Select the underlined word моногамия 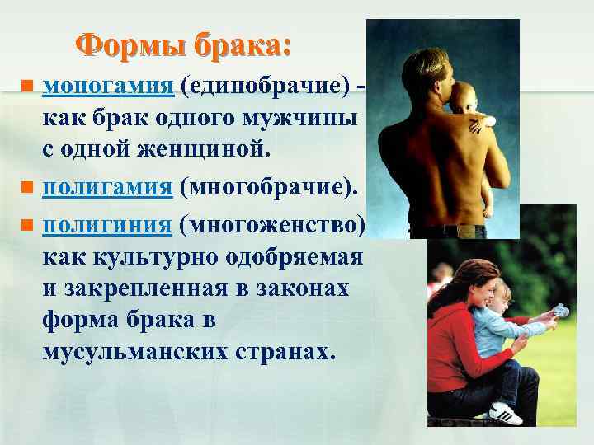click(x=107, y=85)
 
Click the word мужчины click(x=309, y=119)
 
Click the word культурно click(x=158, y=257)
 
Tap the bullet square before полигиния click(x=26, y=224)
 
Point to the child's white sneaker click(x=505, y=412)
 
